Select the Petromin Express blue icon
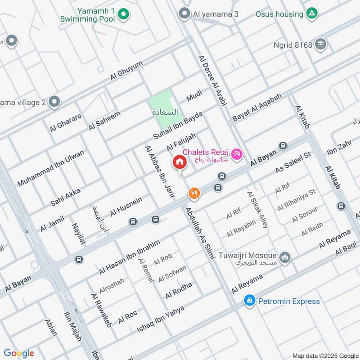coord(249,301)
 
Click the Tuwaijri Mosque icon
coord(284,258)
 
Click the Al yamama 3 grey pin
coord(184,14)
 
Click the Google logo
coord(19,353)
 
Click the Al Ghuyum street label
coord(126,71)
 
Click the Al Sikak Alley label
coord(257,209)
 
